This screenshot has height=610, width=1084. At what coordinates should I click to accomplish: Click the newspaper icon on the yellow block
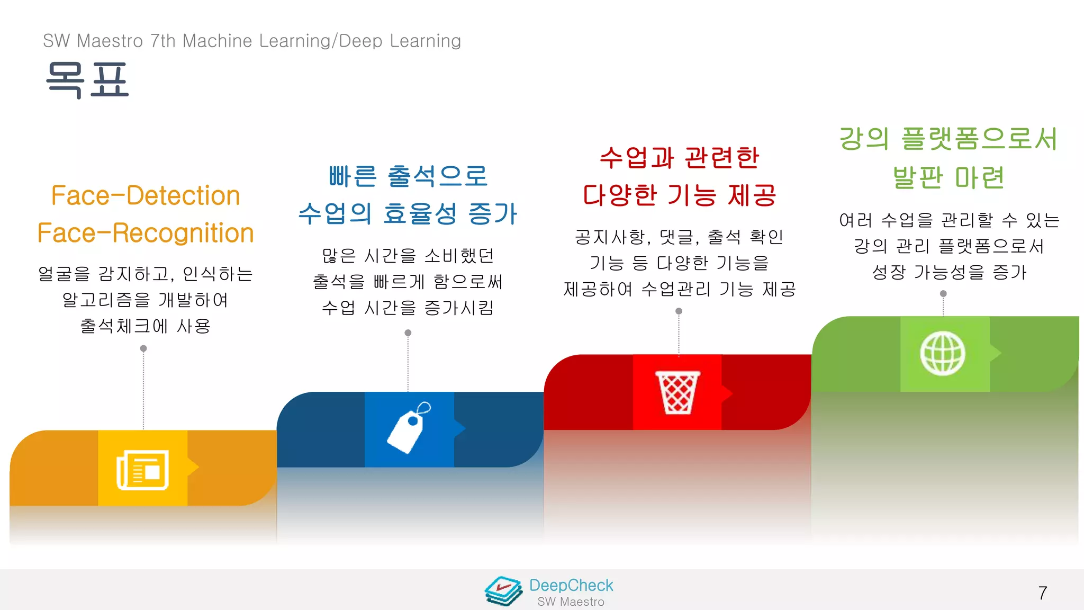click(142, 470)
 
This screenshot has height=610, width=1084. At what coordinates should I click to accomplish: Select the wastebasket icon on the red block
click(677, 392)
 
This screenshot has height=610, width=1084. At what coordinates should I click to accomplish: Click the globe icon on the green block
click(943, 353)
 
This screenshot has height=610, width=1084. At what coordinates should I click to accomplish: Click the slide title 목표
click(87, 79)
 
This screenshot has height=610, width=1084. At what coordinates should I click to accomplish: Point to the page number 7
click(1042, 593)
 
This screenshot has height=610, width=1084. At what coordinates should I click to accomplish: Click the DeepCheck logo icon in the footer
click(503, 591)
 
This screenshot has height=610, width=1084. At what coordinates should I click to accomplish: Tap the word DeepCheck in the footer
click(571, 585)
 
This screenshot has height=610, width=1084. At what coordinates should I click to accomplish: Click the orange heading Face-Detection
click(146, 195)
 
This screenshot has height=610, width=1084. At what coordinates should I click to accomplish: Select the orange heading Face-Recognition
click(146, 233)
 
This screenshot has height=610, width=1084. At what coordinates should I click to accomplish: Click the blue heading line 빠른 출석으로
click(408, 176)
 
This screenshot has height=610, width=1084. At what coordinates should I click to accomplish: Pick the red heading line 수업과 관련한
click(680, 157)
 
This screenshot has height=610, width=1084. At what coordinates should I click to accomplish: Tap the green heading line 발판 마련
click(948, 177)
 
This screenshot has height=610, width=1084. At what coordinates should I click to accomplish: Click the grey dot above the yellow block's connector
click(143, 348)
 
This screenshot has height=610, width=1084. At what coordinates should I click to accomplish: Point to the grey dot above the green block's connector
click(943, 293)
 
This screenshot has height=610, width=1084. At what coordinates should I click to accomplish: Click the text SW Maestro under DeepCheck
click(571, 602)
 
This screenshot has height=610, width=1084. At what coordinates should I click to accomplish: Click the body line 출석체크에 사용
click(146, 326)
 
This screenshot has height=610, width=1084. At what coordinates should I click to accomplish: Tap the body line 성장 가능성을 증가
click(949, 272)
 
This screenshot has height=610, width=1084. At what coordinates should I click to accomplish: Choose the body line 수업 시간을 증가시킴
click(408, 308)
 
